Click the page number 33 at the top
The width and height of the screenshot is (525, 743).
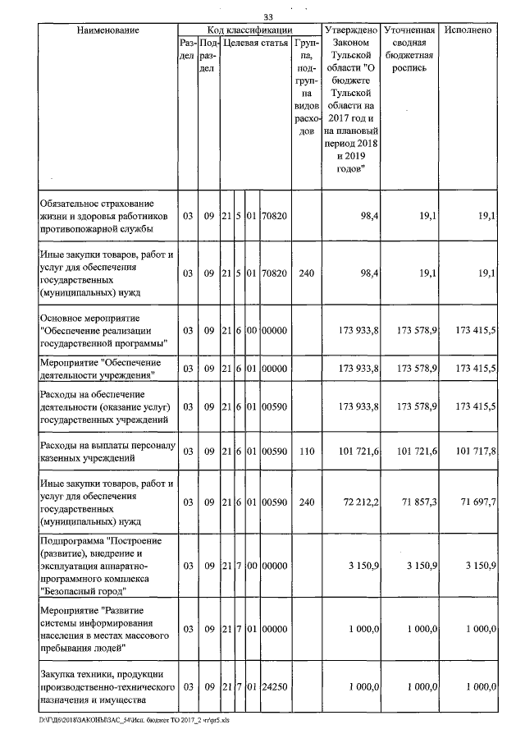tap(267, 17)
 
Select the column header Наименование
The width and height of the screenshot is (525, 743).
tap(107, 30)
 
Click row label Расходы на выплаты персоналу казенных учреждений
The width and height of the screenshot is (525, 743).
tap(107, 451)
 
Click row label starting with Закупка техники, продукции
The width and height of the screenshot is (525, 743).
tap(107, 686)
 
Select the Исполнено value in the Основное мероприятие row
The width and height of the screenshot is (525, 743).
tap(472, 330)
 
